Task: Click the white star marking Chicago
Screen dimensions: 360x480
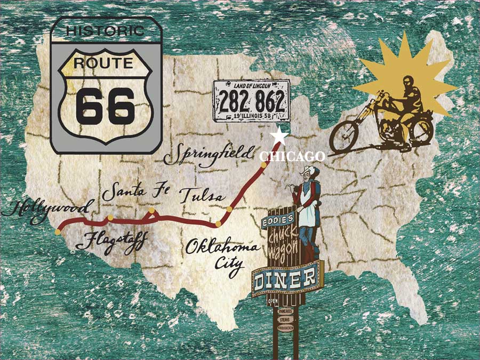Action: (280, 137)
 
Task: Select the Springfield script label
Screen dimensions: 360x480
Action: (208, 155)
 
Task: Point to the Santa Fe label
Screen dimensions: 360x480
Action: (134, 193)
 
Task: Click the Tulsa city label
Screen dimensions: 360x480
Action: (201, 195)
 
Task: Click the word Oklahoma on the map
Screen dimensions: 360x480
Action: (222, 248)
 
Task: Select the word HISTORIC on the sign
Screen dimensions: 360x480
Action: (106, 30)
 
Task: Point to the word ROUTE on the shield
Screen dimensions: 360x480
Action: (103, 63)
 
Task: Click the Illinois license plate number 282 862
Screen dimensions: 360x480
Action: (252, 100)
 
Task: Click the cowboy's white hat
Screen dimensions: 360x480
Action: (308, 172)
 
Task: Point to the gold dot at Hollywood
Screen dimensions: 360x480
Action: (58, 232)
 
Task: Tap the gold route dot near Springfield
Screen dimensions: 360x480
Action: (263, 164)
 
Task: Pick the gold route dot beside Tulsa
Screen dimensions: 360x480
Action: (229, 209)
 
